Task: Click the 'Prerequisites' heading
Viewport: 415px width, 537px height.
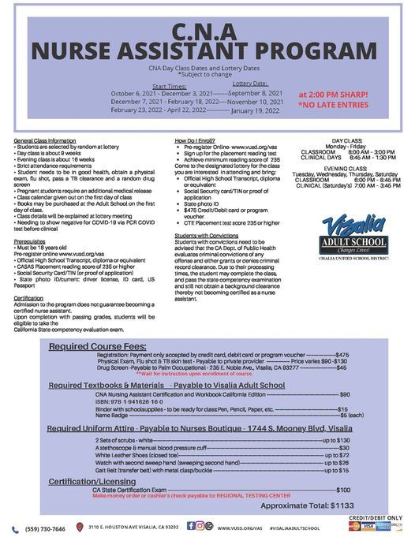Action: coord(29,220)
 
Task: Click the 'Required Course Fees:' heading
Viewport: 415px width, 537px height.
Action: coord(98,346)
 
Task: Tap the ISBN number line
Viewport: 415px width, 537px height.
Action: coord(130,401)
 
